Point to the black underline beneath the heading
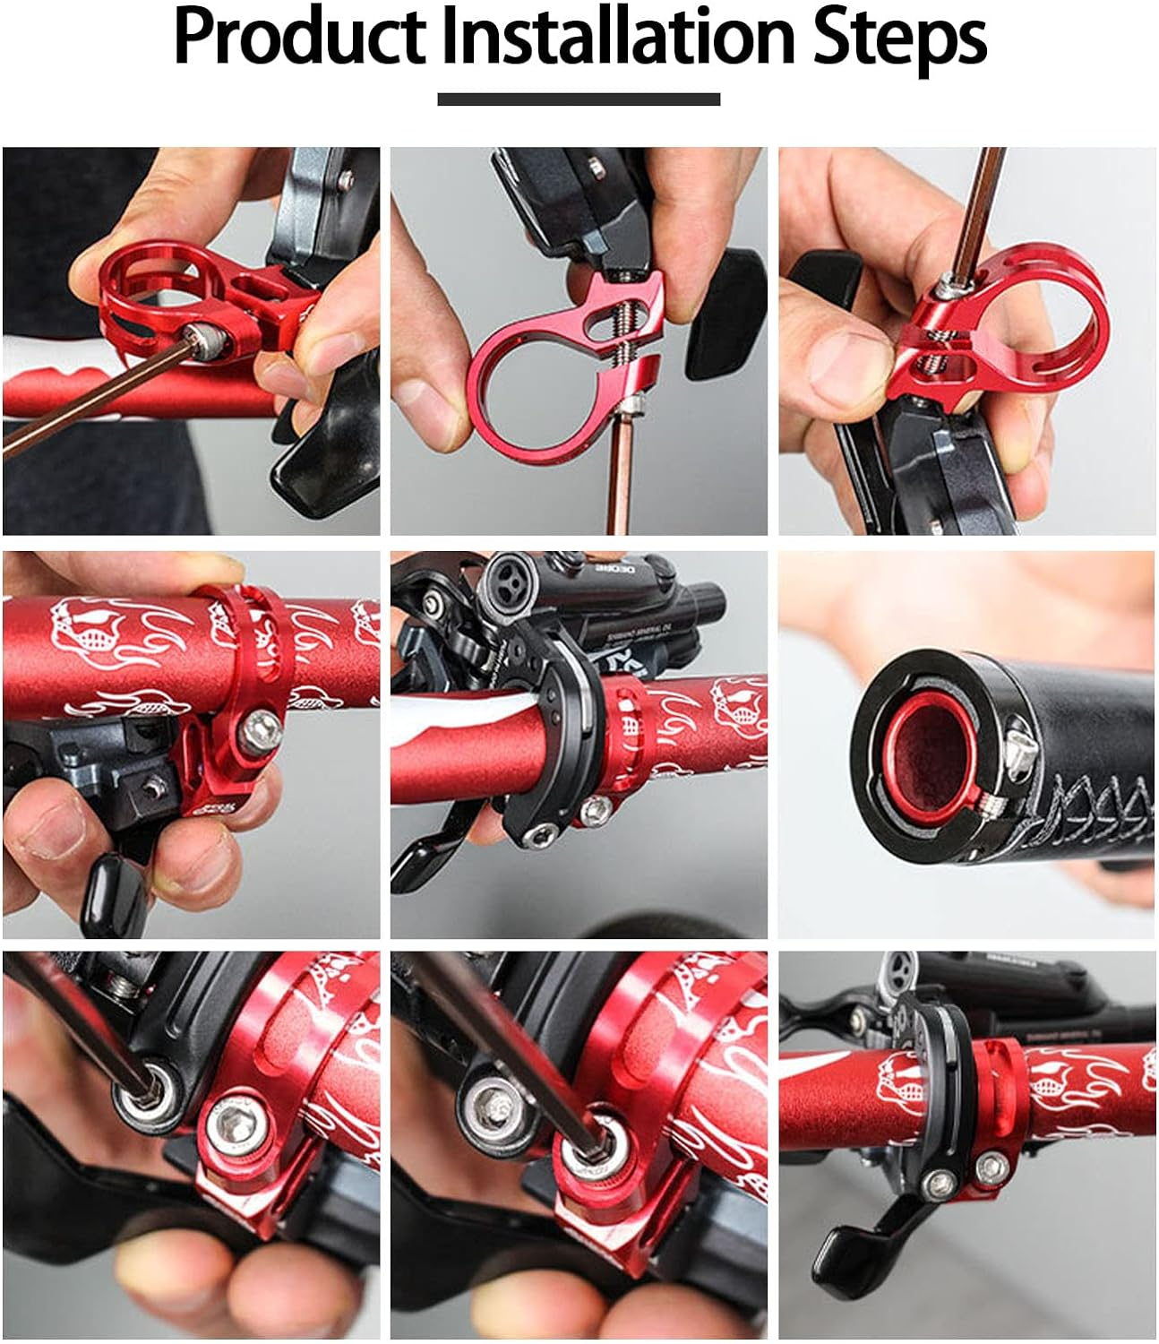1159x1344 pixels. (579, 99)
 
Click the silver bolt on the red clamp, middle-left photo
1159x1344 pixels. (265, 731)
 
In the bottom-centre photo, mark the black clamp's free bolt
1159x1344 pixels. (488, 1101)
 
